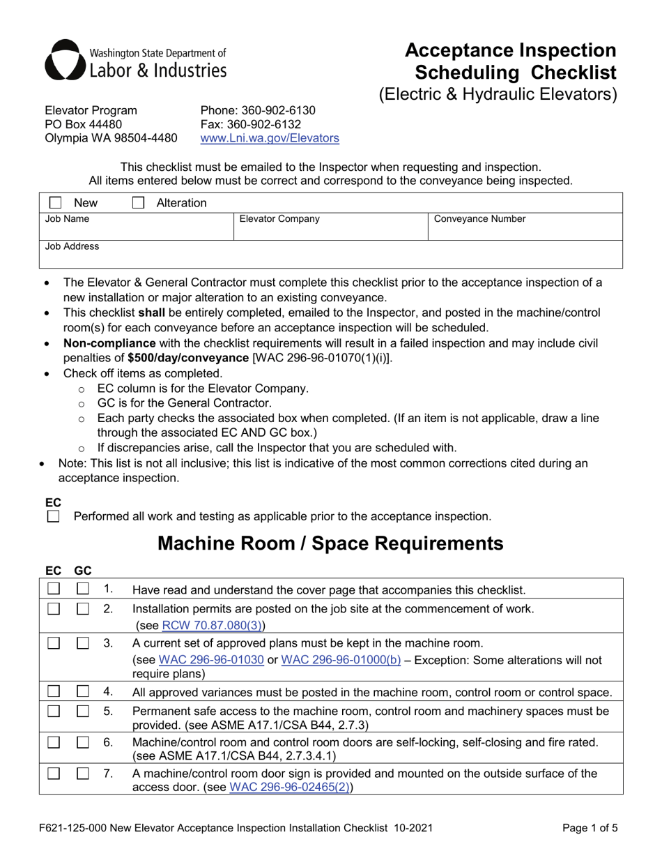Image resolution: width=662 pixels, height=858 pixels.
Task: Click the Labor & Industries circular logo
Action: click(x=63, y=60)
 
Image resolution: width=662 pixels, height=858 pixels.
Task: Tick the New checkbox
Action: click(x=55, y=203)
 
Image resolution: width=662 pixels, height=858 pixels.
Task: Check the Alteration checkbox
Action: click(x=138, y=203)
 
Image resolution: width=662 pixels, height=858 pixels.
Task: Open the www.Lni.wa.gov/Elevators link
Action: click(x=270, y=138)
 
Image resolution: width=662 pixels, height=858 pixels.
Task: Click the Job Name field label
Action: click(x=68, y=219)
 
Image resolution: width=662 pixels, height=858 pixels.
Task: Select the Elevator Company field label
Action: click(x=279, y=219)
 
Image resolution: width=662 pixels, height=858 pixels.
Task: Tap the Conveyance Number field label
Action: click(x=479, y=219)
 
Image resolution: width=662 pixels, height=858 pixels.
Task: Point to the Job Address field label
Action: click(x=72, y=246)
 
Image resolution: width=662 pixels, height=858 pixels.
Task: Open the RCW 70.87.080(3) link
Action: click(x=212, y=626)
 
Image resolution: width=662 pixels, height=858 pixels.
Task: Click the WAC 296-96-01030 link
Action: click(x=211, y=660)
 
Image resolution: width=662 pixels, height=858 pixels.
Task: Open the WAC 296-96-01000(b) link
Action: click(x=341, y=660)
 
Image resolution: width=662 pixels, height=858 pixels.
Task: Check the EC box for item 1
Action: click(x=54, y=589)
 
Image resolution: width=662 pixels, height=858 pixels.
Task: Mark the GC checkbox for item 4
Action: click(x=83, y=692)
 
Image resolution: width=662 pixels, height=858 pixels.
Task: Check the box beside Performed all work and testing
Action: click(x=54, y=517)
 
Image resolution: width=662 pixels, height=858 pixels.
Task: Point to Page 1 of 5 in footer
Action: click(x=590, y=829)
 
